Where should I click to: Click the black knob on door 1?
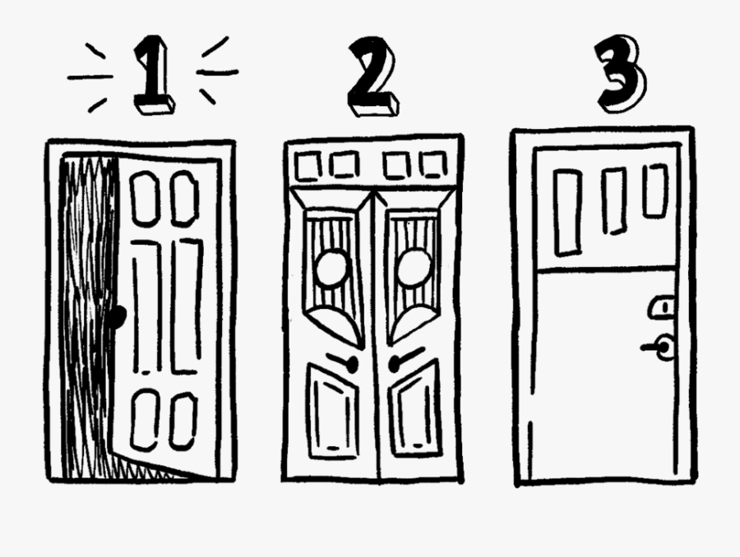tap(120, 315)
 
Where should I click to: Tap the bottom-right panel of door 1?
tap(182, 420)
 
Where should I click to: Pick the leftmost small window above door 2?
tap(308, 168)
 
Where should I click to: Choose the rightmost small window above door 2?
tap(432, 165)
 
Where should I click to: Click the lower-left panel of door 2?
tap(332, 411)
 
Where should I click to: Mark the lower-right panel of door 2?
tap(415, 410)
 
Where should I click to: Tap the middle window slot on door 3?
tap(613, 200)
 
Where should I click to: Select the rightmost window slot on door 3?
tap(654, 191)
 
